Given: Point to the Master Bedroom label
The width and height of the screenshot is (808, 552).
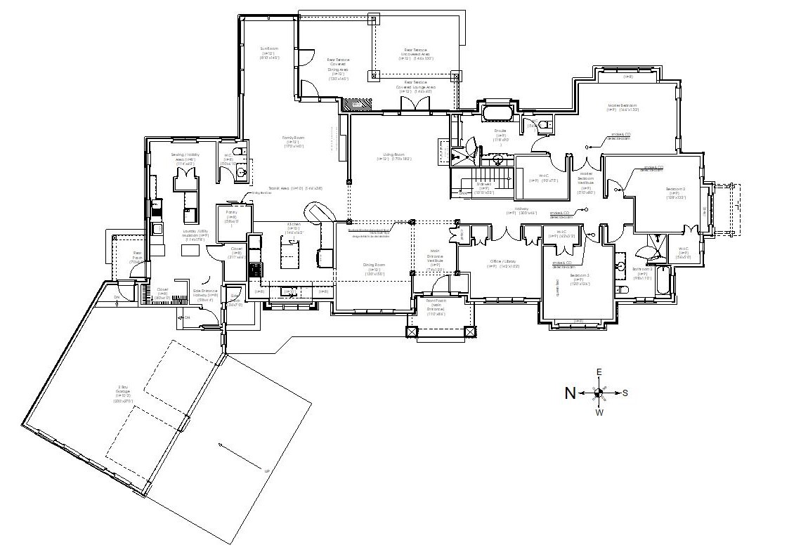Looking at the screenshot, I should click(623, 107).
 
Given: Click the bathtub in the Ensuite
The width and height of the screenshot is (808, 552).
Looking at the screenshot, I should click(498, 113).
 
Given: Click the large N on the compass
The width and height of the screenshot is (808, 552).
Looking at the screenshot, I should click(571, 393).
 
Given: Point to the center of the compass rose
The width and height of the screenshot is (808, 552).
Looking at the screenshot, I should click(599, 393).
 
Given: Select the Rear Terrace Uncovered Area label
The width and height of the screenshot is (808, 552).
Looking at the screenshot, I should click(417, 54).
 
